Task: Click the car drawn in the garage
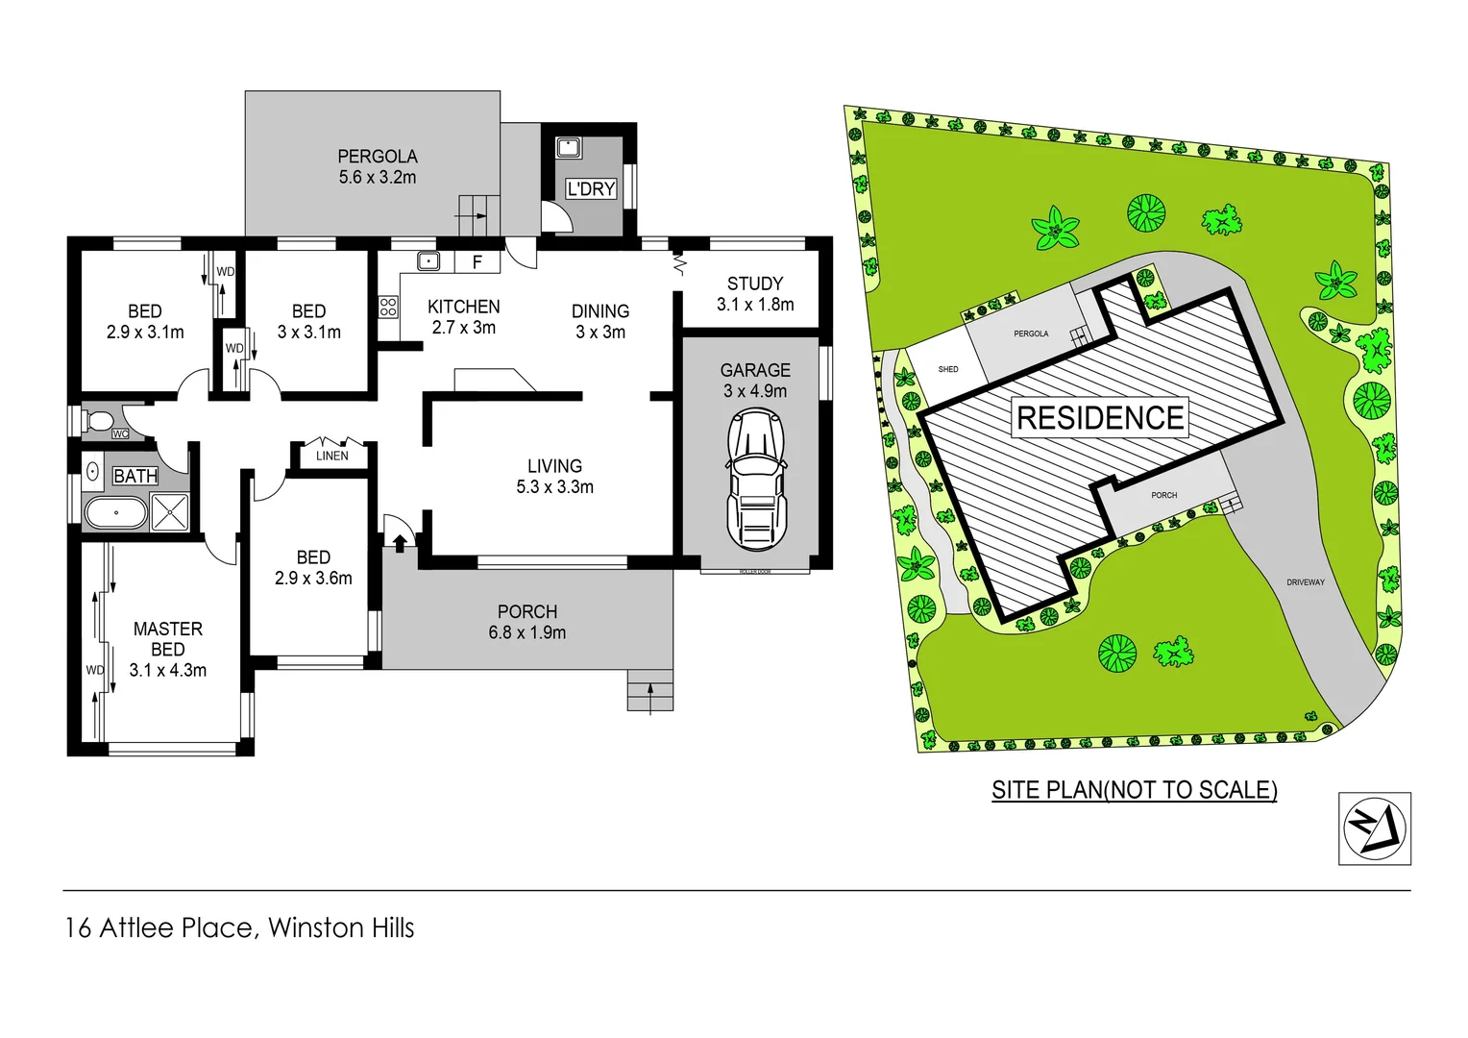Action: click(756, 479)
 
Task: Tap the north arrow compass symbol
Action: click(1374, 828)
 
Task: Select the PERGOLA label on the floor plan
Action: click(377, 157)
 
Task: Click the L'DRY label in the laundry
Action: click(590, 189)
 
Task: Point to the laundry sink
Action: click(568, 148)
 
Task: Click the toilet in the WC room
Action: click(96, 421)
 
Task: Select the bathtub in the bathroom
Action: click(115, 512)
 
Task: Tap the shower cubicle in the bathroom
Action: click(170, 511)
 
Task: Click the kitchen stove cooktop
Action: click(388, 308)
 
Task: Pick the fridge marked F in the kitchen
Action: click(477, 261)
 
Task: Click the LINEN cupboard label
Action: click(332, 456)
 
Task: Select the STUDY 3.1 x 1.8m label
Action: click(755, 294)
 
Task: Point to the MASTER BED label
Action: click(168, 639)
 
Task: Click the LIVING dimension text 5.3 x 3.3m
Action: click(554, 487)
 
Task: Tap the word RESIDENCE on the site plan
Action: click(1100, 418)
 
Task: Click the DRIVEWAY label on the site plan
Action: click(1305, 582)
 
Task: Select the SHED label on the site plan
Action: click(948, 369)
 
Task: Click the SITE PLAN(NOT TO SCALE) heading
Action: click(1134, 790)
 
